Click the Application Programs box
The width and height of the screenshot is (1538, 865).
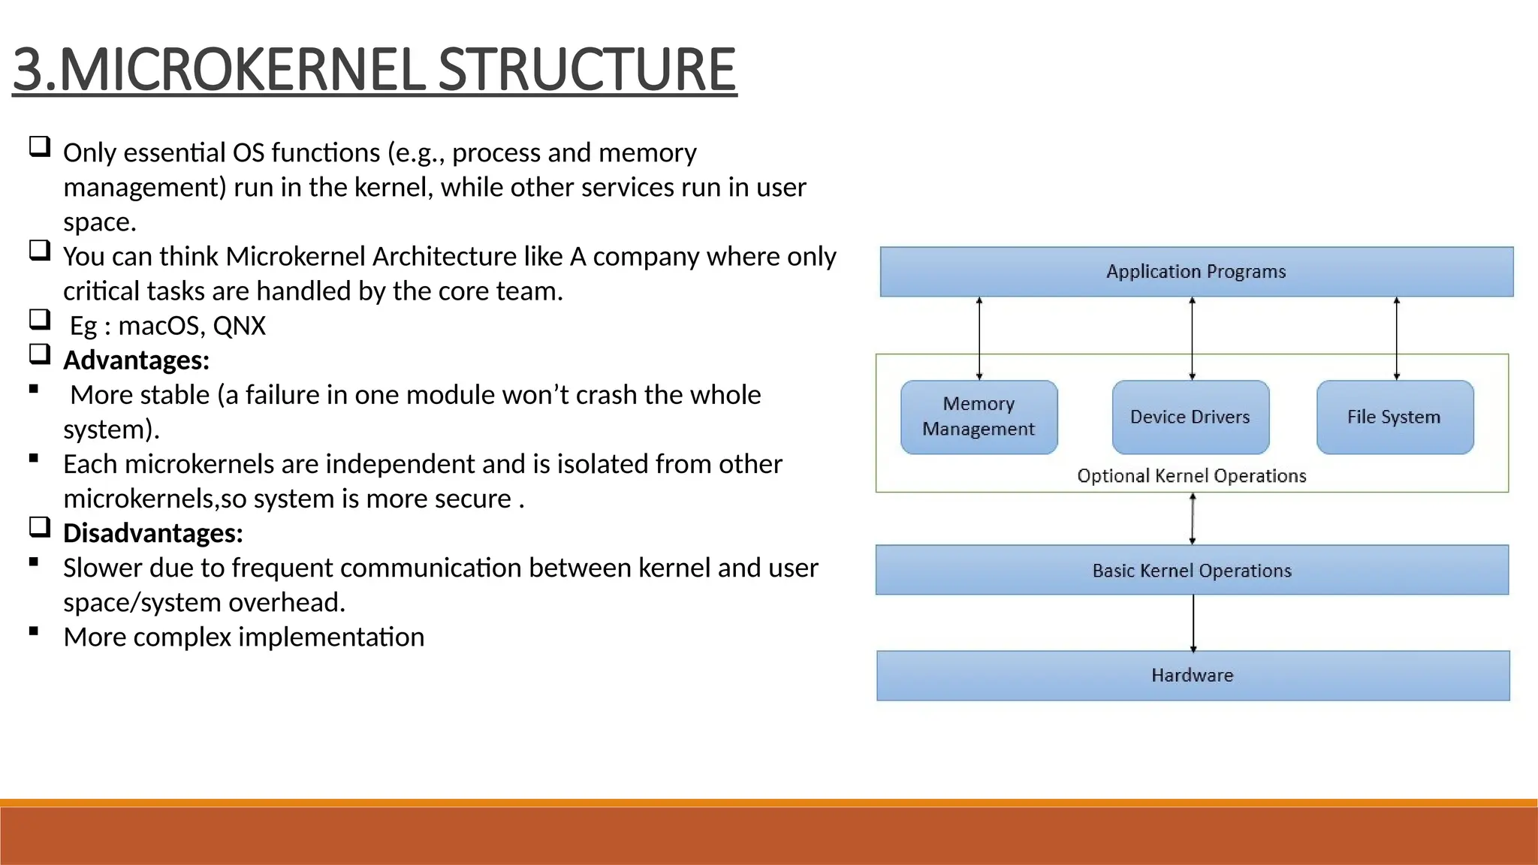click(x=1196, y=272)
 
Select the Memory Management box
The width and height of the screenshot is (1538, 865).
click(x=979, y=417)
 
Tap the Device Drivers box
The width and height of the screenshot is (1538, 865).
click(x=1190, y=417)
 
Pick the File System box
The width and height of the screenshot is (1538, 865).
click(x=1395, y=417)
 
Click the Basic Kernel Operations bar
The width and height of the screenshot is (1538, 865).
click(x=1192, y=571)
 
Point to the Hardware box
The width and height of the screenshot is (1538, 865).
click(x=1193, y=675)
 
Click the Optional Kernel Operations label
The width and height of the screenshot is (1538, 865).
click(x=1192, y=476)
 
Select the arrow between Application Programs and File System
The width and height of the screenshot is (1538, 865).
click(x=1396, y=338)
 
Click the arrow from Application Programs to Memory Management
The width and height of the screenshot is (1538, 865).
click(x=979, y=338)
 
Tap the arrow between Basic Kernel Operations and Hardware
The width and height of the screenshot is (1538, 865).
click(x=1193, y=623)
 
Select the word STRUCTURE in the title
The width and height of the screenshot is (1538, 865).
click(x=587, y=70)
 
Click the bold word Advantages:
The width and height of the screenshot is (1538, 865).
click(x=136, y=360)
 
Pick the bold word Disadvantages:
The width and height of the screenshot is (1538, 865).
click(x=152, y=533)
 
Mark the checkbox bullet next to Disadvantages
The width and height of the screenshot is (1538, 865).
click(x=40, y=527)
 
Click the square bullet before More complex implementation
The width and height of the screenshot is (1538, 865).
click(x=34, y=631)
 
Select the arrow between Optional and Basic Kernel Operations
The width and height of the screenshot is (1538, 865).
click(x=1193, y=519)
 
